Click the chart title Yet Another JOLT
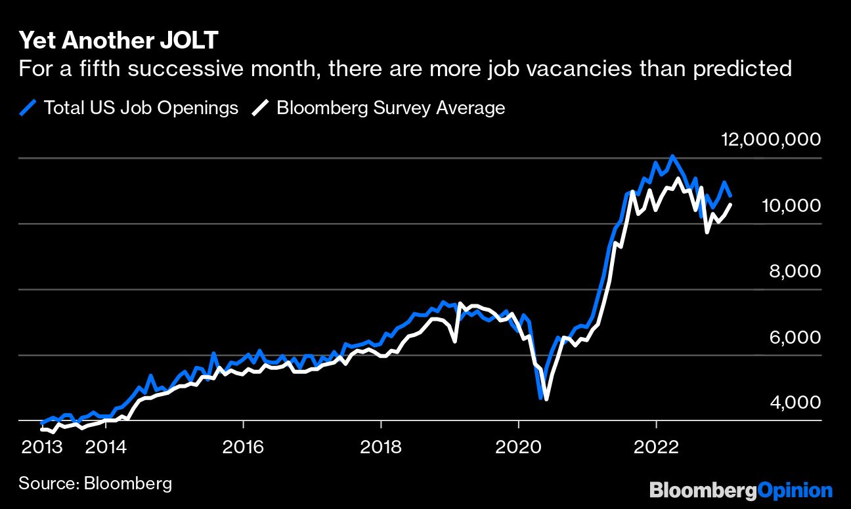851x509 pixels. click(118, 41)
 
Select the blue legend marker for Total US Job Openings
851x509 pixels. click(28, 108)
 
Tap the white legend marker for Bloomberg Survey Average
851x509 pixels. click(261, 108)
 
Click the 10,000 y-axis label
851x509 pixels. click(791, 205)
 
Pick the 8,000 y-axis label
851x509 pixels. click(795, 271)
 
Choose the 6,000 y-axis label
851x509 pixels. click(795, 336)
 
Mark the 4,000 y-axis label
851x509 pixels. click(795, 402)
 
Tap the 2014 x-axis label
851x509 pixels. click(107, 447)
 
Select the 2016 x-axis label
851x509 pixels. click(243, 447)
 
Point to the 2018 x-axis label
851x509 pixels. click(381, 447)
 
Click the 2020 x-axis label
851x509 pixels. click(519, 447)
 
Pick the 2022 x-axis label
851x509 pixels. click(656, 447)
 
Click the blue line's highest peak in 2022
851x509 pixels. click(672, 156)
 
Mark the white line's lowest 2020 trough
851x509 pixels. click(546, 399)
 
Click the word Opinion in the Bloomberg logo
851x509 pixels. click(795, 490)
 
